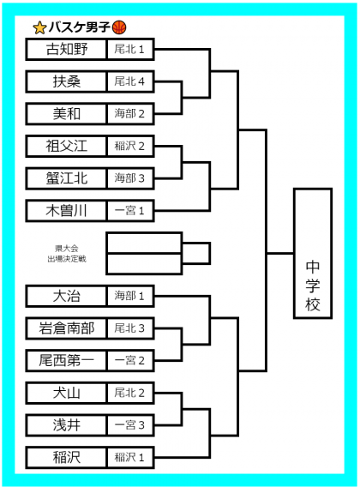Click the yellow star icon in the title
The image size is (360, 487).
[x=39, y=28]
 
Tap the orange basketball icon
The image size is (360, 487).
[x=119, y=27]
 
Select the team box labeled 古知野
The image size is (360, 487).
[x=67, y=49]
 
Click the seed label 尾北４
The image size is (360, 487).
[x=129, y=81]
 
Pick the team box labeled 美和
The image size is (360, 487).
[x=67, y=114]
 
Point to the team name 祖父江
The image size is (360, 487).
[x=67, y=146]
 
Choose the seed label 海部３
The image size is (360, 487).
[x=129, y=178]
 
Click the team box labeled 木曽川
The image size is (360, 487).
[x=67, y=211]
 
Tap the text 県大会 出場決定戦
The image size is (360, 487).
[x=67, y=254]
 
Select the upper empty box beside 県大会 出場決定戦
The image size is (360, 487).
[x=144, y=243]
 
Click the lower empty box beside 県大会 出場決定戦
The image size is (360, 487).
[x=144, y=264]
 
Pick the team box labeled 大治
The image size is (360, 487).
[x=67, y=296]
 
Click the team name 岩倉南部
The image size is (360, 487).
[x=67, y=328]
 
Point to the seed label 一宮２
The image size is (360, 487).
[x=129, y=361]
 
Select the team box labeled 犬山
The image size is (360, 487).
[x=67, y=393]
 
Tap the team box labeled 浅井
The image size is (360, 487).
[x=67, y=425]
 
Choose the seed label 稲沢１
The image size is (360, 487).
[x=129, y=458]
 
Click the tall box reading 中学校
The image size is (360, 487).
[x=313, y=254]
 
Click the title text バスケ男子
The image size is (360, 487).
[x=80, y=27]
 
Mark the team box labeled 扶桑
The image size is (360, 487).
[x=67, y=81]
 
